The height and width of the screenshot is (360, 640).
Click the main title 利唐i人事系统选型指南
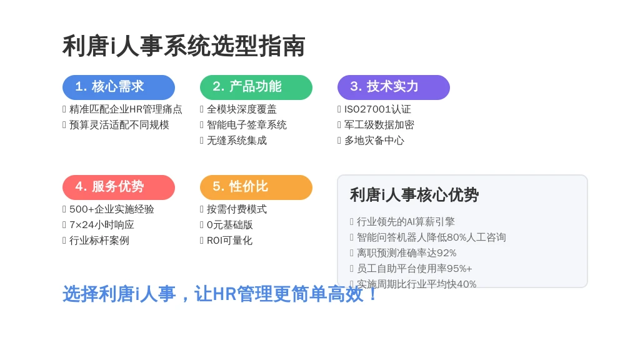click(184, 46)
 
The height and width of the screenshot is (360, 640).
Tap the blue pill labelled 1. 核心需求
click(118, 87)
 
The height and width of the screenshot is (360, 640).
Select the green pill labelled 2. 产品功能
click(256, 87)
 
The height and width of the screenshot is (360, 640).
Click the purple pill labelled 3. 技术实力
click(394, 87)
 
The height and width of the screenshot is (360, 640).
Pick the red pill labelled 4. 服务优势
click(118, 187)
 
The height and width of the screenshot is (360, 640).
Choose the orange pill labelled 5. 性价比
click(256, 187)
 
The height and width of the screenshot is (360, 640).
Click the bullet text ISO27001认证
click(377, 109)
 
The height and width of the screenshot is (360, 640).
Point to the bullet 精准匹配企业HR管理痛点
click(126, 109)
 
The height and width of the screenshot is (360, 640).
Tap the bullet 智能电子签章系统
click(246, 125)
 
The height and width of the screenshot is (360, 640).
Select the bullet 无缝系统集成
click(237, 141)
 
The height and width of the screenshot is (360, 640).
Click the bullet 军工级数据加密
click(379, 125)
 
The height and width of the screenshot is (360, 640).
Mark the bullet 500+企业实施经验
click(111, 209)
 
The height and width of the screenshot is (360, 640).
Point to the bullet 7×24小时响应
click(102, 225)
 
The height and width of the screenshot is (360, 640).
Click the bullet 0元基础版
click(230, 225)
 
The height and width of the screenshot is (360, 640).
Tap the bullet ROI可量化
click(229, 241)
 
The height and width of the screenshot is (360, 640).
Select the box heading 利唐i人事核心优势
click(414, 195)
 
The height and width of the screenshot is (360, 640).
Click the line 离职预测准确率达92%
click(406, 253)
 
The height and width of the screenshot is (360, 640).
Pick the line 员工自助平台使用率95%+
click(414, 269)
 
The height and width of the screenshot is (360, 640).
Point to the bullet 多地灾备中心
click(374, 141)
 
